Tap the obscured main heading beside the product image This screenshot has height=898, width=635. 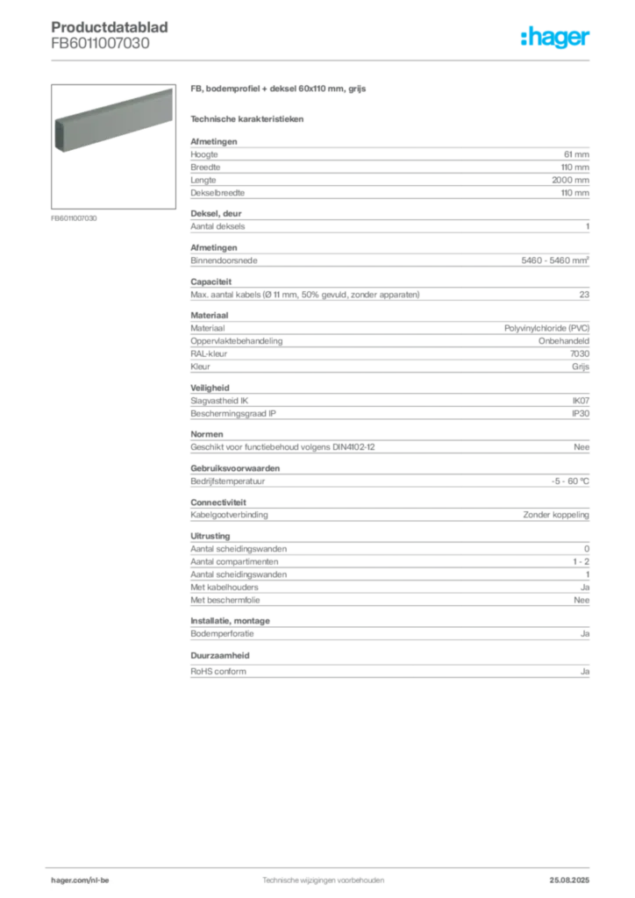[281, 91]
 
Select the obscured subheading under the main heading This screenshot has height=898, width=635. [248, 118]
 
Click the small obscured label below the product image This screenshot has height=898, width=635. [73, 217]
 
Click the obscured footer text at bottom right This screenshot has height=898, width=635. [575, 877]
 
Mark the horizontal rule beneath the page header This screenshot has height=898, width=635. [322, 61]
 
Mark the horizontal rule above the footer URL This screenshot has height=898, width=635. [322, 866]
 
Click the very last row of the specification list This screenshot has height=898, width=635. [389, 671]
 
